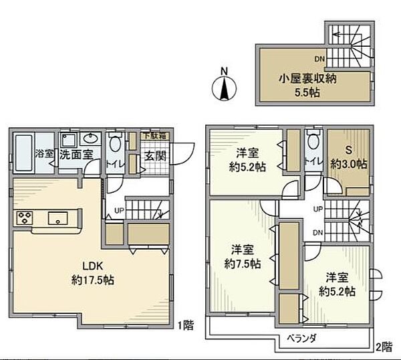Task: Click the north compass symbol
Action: point(225,86)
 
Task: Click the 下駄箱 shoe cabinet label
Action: point(158,136)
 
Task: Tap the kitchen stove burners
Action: point(25,217)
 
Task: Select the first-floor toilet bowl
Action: point(115,143)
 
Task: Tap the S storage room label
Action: point(348,150)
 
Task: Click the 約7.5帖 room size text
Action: point(242,263)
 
